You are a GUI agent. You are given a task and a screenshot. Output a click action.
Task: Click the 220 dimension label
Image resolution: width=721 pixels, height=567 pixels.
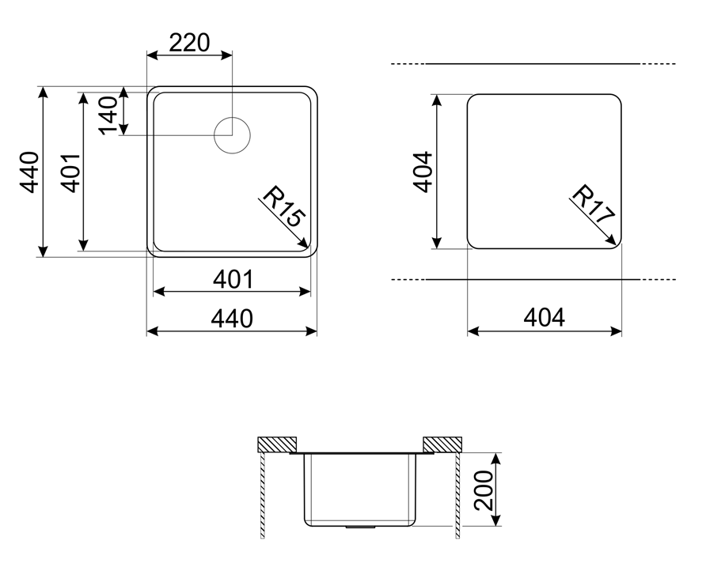tap(189, 43)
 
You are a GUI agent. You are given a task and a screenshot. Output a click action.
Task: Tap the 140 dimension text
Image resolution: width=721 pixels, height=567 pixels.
tap(109, 115)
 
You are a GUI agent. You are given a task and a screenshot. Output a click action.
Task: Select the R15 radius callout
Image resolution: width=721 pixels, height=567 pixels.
tap(283, 206)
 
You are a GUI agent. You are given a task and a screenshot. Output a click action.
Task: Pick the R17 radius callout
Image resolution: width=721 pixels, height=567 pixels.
tap(592, 204)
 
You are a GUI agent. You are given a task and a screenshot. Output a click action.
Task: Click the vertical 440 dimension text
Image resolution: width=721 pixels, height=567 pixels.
tap(29, 172)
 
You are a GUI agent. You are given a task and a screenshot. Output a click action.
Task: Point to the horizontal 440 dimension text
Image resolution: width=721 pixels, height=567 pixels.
tap(232, 319)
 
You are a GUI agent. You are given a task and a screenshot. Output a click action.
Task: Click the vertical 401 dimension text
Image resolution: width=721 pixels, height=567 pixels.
tap(71, 172)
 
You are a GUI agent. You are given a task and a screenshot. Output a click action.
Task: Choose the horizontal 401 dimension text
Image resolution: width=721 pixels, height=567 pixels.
tap(233, 279)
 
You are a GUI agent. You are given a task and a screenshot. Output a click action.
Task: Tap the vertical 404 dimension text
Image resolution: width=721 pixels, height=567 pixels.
tap(423, 172)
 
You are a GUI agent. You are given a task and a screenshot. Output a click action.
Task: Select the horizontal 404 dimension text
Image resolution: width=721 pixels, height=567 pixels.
tap(544, 317)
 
